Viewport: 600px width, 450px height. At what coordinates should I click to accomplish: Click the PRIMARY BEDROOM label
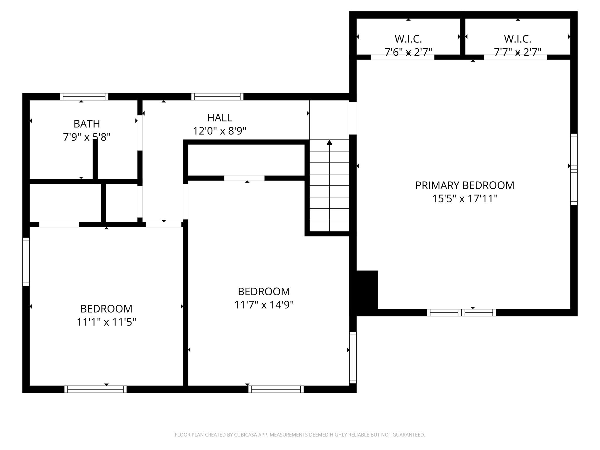pyautogui.click(x=465, y=185)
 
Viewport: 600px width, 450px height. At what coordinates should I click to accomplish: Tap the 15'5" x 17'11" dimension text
pyautogui.click(x=465, y=199)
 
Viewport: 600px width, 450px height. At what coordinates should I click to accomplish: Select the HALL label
pyautogui.click(x=219, y=118)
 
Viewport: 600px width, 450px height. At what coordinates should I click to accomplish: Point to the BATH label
pyautogui.click(x=87, y=124)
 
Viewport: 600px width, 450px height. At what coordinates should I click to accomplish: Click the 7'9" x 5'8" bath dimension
pyautogui.click(x=87, y=137)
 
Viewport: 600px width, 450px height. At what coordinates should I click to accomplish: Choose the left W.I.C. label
pyautogui.click(x=408, y=39)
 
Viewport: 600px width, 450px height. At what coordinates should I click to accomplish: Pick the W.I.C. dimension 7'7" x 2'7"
pyautogui.click(x=517, y=52)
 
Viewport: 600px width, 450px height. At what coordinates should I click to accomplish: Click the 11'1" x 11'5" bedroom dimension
pyautogui.click(x=106, y=322)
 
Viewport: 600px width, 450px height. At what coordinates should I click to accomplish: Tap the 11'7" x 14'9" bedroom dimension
pyautogui.click(x=264, y=305)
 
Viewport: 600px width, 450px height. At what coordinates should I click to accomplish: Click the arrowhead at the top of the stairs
pyautogui.click(x=330, y=142)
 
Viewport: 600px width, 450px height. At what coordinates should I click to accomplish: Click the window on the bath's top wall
pyautogui.click(x=84, y=97)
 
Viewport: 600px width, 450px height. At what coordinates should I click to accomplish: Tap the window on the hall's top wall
pyautogui.click(x=217, y=97)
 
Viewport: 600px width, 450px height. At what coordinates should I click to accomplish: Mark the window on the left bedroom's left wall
pyautogui.click(x=26, y=262)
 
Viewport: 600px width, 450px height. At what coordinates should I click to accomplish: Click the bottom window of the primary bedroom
pyautogui.click(x=461, y=313)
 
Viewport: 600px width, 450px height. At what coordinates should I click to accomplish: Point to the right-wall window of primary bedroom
pyautogui.click(x=574, y=169)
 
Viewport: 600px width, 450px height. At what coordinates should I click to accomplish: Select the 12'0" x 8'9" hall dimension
pyautogui.click(x=219, y=131)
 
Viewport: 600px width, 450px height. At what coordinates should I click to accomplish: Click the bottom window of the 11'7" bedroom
pyautogui.click(x=276, y=389)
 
